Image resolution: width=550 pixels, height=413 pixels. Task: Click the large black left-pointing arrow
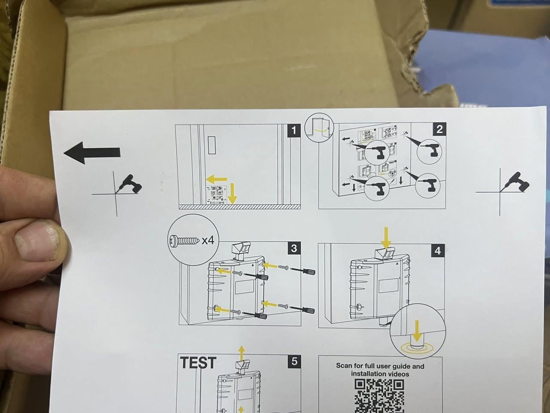[92, 153]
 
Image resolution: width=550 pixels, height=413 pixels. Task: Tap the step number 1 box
[293, 131]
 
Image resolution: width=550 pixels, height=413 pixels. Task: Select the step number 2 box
[439, 129]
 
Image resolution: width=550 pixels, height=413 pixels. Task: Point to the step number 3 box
[294, 248]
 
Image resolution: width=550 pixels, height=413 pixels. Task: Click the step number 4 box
[438, 250]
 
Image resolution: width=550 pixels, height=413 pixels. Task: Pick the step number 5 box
[294, 361]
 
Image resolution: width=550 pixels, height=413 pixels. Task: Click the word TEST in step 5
[198, 363]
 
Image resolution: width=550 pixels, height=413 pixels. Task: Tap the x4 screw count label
[208, 240]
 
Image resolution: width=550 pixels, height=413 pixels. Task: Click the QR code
[379, 396]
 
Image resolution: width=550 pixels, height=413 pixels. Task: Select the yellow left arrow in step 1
[217, 179]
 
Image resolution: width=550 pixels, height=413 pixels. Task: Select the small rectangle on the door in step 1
[212, 145]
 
